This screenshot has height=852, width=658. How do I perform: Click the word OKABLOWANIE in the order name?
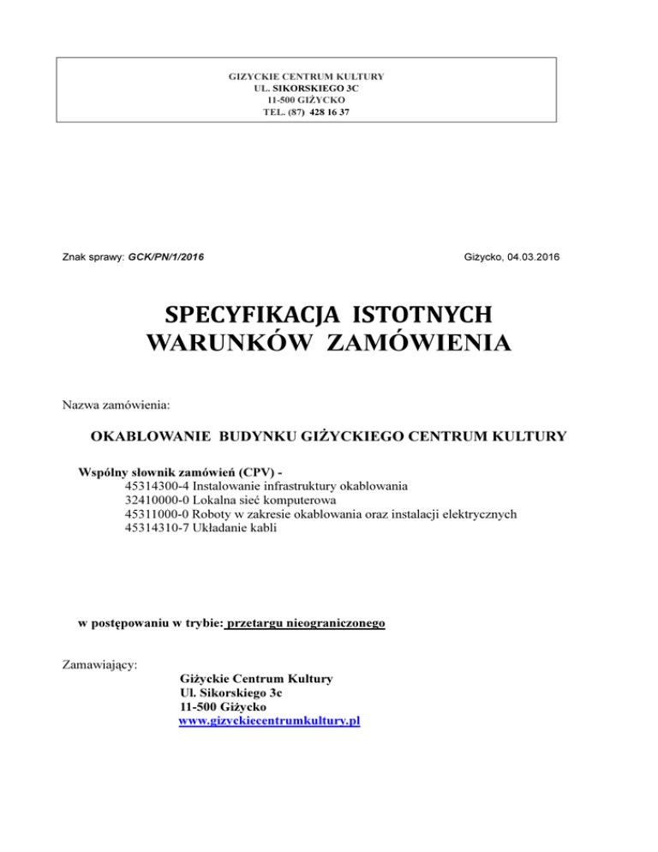click(x=152, y=436)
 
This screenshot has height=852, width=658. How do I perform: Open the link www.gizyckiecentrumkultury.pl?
click(x=269, y=722)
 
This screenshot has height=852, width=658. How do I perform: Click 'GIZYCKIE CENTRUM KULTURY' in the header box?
click(x=306, y=76)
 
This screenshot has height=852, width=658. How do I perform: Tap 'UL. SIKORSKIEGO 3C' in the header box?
click(x=306, y=88)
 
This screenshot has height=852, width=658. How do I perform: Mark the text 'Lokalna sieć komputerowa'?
click(x=265, y=499)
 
